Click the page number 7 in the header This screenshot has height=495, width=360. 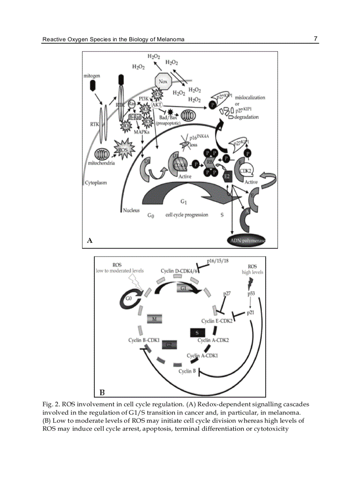[x=315, y=39]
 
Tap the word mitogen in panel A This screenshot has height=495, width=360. [x=92, y=76]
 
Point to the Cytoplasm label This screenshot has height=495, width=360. [x=96, y=182]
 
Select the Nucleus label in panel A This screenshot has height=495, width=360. [x=131, y=210]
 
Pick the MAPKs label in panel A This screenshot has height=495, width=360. [x=142, y=132]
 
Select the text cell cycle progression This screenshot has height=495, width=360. [x=186, y=215]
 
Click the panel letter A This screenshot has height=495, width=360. [x=90, y=241]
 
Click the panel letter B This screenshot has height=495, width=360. [x=101, y=391]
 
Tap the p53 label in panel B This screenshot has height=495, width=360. [x=251, y=293]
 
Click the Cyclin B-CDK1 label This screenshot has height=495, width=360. [x=144, y=340]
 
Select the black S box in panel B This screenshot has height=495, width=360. [x=197, y=332]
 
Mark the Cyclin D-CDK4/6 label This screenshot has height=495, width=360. [x=177, y=271]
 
